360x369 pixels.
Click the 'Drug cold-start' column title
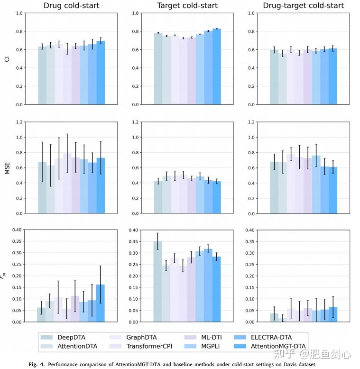point(71,6)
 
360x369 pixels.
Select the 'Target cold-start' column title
point(187,6)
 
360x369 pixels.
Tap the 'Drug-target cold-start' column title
point(304,6)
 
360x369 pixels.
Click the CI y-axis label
point(7,58)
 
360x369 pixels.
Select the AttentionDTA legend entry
point(77,346)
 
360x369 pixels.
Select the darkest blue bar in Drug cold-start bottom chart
point(101,303)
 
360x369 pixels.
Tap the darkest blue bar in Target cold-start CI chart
point(217,66)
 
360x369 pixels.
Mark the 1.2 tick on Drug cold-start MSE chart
point(20,122)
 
